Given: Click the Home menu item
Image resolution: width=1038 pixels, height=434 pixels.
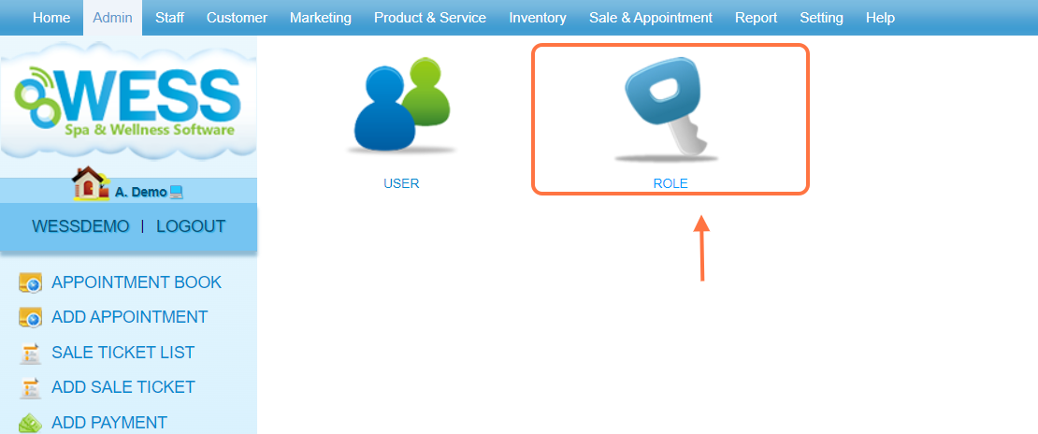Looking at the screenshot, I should point(51,18).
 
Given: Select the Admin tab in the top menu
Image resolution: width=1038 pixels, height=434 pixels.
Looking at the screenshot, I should point(112,18).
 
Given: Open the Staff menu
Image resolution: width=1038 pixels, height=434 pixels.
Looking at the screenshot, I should point(169,18).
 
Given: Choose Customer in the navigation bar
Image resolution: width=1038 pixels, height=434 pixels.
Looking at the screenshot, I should point(237,18).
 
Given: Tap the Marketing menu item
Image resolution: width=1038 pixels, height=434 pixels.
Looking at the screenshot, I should point(321,18).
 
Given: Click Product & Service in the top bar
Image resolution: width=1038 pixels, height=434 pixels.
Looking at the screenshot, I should point(430,18).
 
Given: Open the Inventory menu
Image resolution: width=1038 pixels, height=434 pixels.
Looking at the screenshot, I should point(538,18).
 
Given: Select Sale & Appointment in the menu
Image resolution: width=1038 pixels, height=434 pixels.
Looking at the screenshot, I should point(651,18).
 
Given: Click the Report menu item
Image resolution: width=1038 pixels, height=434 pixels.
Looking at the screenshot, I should point(756,18).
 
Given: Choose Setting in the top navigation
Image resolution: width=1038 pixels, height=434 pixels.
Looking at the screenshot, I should point(821,18).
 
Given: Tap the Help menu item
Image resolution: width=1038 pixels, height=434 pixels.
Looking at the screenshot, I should point(880,18).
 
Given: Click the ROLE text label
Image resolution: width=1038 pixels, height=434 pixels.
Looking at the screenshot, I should point(670,184).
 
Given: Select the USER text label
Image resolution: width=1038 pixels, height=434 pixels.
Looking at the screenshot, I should point(401,184).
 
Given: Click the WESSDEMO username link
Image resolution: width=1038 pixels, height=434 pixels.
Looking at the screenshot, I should point(80,226).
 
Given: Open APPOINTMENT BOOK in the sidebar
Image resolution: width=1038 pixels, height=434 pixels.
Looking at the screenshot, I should point(137,282).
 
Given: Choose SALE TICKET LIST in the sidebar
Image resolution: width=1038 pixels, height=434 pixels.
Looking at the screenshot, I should point(123,353).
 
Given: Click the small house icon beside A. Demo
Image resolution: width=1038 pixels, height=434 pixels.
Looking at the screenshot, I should point(90,183).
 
